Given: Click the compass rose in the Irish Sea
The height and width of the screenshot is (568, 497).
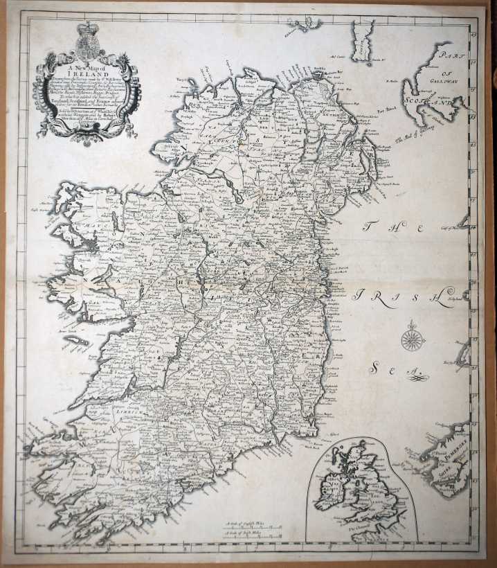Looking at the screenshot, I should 413,339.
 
